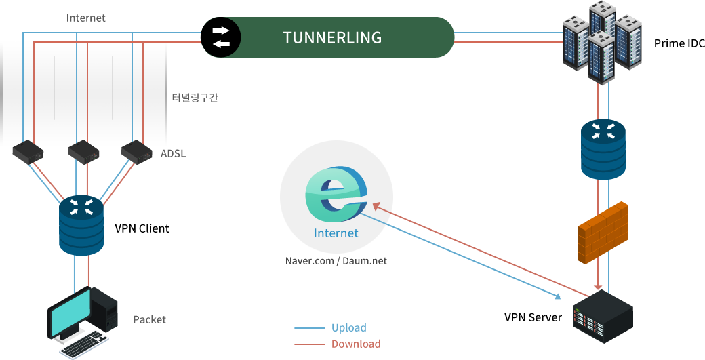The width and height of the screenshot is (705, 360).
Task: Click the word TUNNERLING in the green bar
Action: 332,37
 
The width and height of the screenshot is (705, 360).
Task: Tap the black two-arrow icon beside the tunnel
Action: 221,37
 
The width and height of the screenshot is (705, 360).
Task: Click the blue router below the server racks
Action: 603,150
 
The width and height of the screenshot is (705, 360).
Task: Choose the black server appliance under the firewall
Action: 603,318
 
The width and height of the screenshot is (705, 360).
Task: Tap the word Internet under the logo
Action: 336,234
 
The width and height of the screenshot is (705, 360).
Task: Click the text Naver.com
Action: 308,260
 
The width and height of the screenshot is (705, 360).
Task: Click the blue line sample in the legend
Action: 310,328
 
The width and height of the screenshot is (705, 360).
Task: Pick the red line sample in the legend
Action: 310,344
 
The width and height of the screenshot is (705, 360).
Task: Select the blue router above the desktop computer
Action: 81,224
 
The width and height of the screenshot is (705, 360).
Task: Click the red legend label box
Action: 356,344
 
